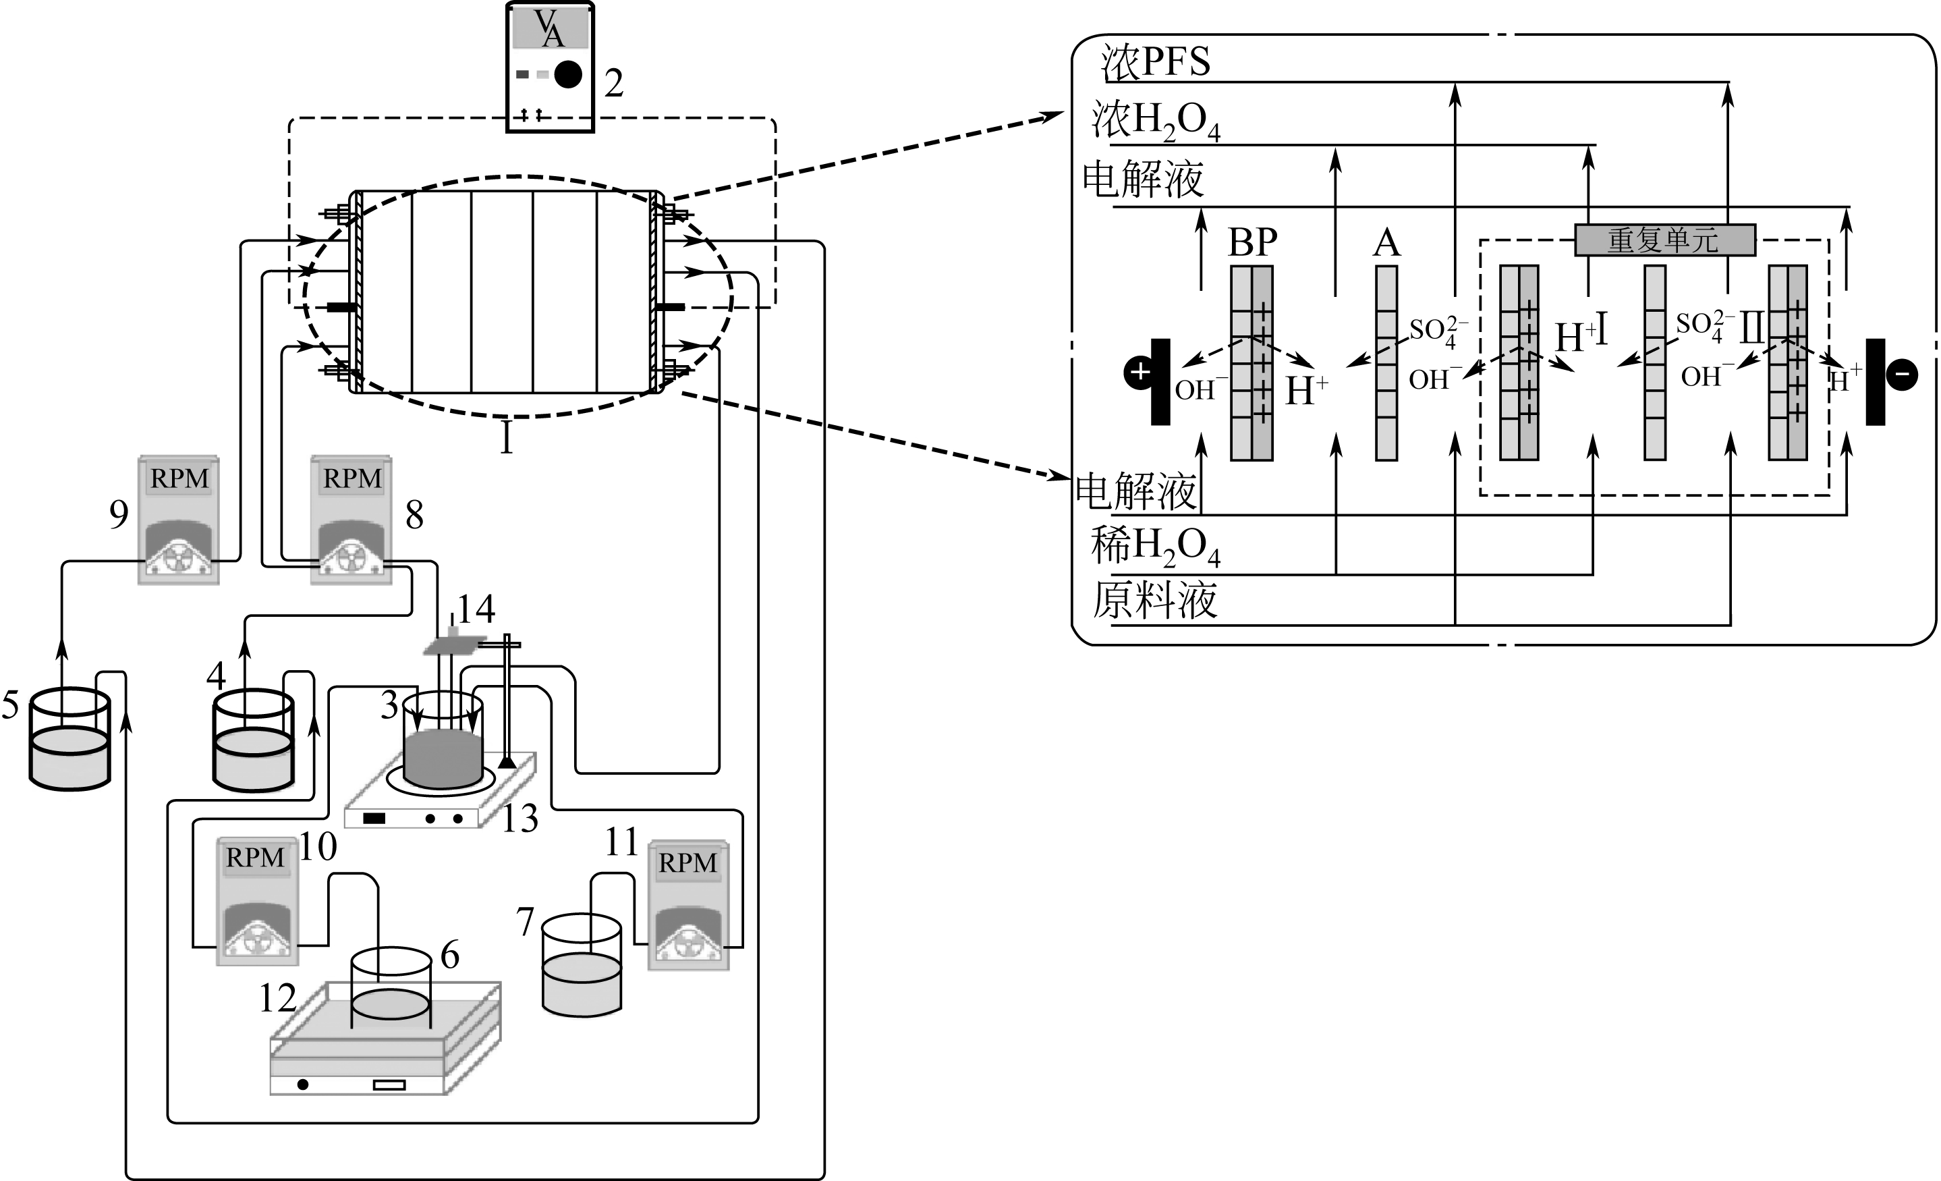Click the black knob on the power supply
point(568,74)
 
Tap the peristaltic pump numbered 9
point(178,520)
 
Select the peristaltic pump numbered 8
point(351,520)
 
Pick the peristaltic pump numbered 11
point(688,905)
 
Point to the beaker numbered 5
point(69,739)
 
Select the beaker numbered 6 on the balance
point(391,989)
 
